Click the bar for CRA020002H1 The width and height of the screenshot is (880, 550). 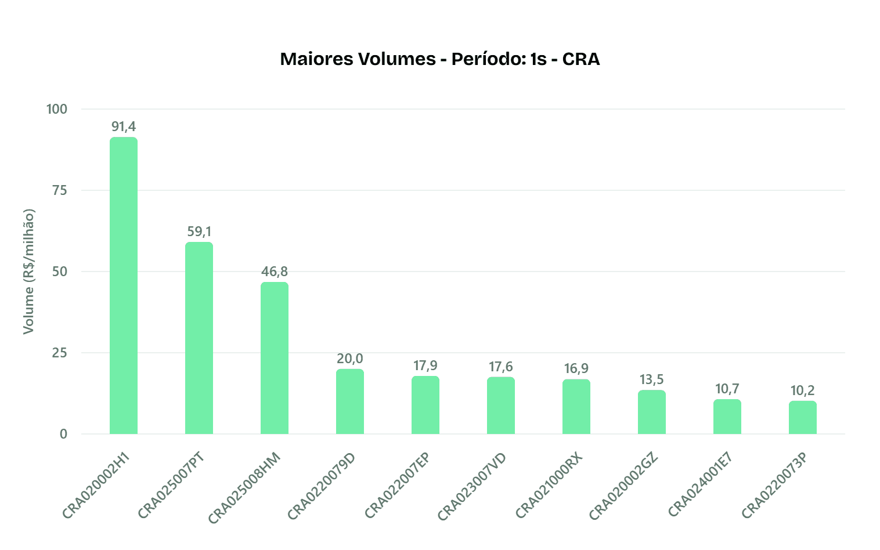pyautogui.click(x=124, y=285)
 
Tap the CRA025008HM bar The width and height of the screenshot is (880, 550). pyautogui.click(x=275, y=358)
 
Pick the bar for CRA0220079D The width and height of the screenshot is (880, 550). pyautogui.click(x=350, y=401)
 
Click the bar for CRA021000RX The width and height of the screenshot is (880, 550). pyautogui.click(x=576, y=407)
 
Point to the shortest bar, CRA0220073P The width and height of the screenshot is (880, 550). pyautogui.click(x=803, y=417)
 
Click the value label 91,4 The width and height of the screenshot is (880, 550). pyautogui.click(x=124, y=127)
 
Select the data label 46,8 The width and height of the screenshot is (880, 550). pyautogui.click(x=275, y=272)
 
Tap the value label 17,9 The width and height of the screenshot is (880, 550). pyautogui.click(x=425, y=366)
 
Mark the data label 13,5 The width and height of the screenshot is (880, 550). pyautogui.click(x=652, y=379)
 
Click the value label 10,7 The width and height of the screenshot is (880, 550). pyautogui.click(x=727, y=389)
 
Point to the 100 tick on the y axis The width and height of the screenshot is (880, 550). pyautogui.click(x=57, y=109)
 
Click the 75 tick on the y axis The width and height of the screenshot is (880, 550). pyautogui.click(x=60, y=190)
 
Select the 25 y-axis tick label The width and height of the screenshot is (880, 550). pyautogui.click(x=60, y=353)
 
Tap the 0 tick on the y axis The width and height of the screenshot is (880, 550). pyautogui.click(x=63, y=434)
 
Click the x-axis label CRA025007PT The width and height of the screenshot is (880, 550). pyautogui.click(x=171, y=485)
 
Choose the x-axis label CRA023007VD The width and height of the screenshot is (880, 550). pyautogui.click(x=472, y=486)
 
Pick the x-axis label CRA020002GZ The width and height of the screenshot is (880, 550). pyautogui.click(x=623, y=486)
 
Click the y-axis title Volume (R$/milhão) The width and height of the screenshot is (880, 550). pyautogui.click(x=28, y=272)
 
